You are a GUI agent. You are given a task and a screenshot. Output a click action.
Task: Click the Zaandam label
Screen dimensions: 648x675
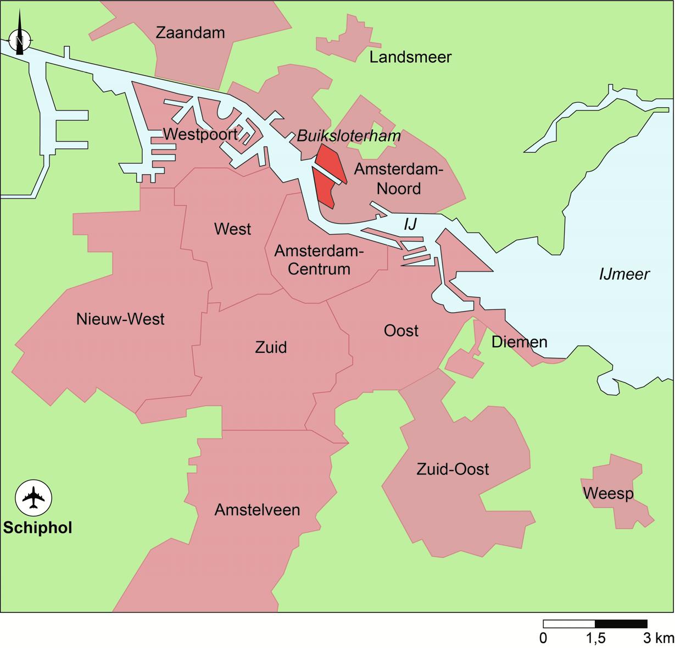(x=190, y=33)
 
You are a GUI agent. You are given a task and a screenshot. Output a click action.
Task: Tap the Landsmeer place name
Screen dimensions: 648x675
(x=410, y=57)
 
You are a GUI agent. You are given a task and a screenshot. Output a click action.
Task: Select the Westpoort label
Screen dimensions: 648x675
(x=200, y=134)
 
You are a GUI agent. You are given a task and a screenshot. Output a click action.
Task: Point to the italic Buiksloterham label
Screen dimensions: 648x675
(x=348, y=136)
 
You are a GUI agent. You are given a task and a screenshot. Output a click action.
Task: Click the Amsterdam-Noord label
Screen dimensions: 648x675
(x=398, y=179)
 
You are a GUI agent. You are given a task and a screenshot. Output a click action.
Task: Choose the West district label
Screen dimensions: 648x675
(x=232, y=229)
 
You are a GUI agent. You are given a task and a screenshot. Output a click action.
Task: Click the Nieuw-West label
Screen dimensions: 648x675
(x=120, y=319)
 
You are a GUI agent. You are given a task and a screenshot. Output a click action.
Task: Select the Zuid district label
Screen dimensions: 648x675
(x=271, y=347)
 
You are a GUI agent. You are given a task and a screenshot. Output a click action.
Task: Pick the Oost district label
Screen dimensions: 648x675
(x=401, y=331)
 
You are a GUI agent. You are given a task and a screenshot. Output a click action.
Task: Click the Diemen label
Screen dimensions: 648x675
(x=519, y=342)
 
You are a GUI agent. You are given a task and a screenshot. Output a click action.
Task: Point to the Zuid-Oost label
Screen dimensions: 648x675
(x=453, y=469)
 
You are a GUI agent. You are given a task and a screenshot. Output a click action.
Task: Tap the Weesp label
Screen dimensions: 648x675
(x=608, y=494)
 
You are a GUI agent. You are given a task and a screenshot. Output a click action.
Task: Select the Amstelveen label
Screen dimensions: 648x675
(x=257, y=510)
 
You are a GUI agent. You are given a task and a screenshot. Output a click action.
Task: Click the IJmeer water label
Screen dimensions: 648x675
(x=624, y=274)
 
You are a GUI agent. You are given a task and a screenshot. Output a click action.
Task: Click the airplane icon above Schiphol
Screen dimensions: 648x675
(x=34, y=498)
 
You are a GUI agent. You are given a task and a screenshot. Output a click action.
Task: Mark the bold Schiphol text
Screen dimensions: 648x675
(x=37, y=528)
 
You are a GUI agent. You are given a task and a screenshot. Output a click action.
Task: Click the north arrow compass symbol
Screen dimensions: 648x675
(x=20, y=40)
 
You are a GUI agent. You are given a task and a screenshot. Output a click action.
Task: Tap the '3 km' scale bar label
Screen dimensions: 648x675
(x=659, y=638)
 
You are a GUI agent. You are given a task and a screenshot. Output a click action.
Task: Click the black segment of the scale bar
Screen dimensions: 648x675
(x=621, y=624)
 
